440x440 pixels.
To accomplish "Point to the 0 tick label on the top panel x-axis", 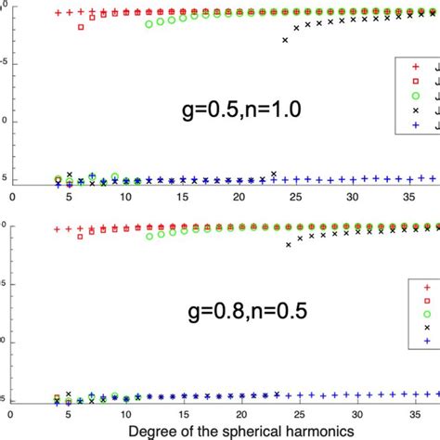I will [x=13, y=196].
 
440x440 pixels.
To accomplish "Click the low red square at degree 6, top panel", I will [x=81, y=28].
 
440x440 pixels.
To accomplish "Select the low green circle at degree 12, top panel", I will [x=149, y=24].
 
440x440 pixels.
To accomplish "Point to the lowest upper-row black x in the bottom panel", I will [x=289, y=245].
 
